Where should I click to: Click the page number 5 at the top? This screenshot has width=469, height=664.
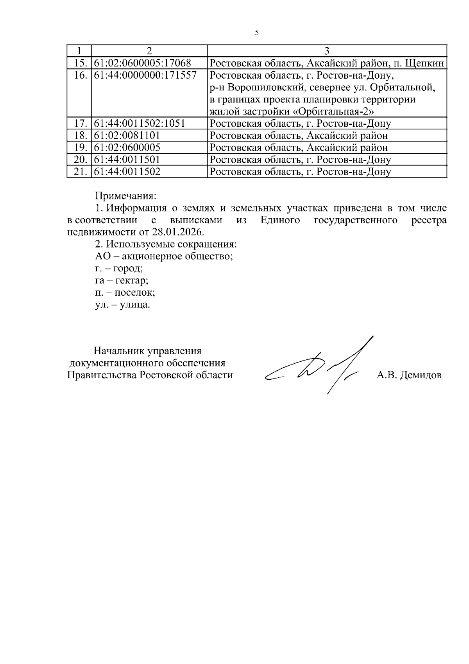point(257,33)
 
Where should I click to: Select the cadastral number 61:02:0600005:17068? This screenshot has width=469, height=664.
point(143,63)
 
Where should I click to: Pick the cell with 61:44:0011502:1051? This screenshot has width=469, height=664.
point(140,124)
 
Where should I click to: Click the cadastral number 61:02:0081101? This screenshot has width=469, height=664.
point(127,136)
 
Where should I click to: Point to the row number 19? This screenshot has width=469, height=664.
point(80,148)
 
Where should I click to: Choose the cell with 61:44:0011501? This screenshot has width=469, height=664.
point(127,160)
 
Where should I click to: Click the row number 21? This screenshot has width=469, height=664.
point(80,172)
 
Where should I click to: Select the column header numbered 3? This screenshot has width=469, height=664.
point(327,51)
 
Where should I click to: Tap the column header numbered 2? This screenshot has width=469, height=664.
point(149,51)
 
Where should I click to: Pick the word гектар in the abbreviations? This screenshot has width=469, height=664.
point(132,281)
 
